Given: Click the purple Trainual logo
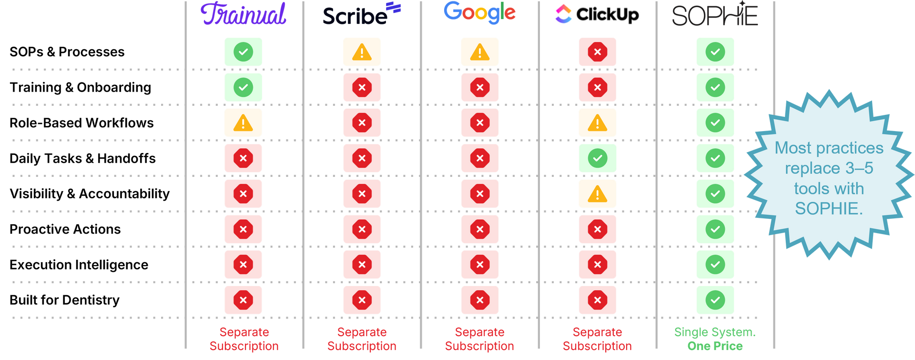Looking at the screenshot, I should [244, 14].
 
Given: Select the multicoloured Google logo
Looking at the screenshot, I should [479, 13].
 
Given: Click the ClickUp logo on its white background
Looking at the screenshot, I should [597, 14].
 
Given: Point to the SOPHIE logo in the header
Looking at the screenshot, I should [715, 15].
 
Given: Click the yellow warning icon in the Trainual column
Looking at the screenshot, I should [243, 123].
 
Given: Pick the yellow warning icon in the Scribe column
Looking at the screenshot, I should [362, 52].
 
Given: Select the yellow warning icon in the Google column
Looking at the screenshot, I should [479, 52].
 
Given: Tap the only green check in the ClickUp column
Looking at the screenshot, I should [597, 158].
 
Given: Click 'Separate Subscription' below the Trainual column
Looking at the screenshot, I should [244, 339].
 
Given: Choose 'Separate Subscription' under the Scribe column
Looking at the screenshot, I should [362, 339].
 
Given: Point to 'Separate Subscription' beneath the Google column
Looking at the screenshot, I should [479, 339].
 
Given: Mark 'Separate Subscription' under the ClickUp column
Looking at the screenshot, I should [597, 339].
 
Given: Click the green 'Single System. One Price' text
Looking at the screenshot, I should [715, 339].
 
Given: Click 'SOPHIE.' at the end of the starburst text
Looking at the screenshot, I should [829, 209].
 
